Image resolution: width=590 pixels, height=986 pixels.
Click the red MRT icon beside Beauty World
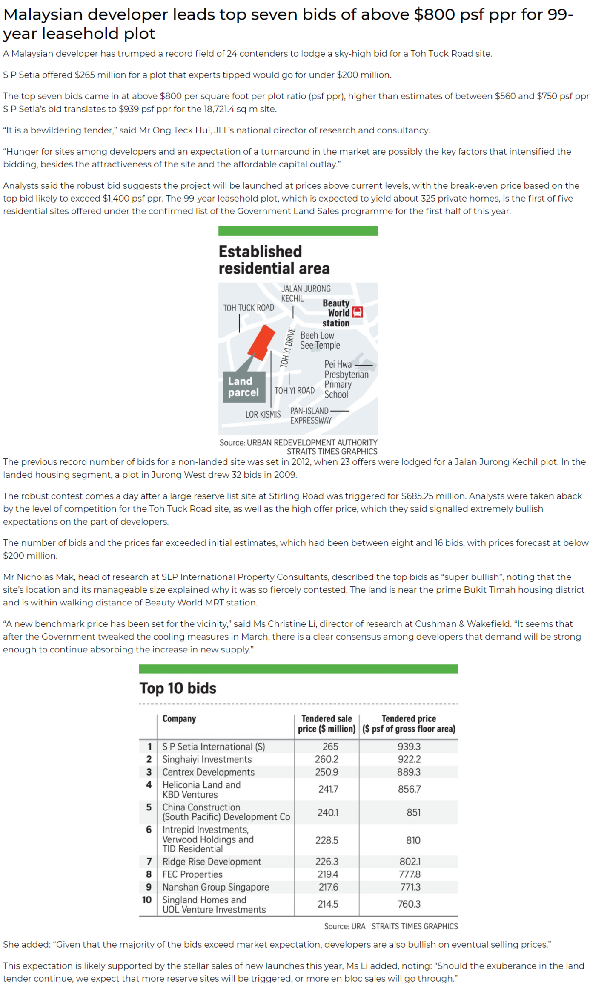[x=357, y=312]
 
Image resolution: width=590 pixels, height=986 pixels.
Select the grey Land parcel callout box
[x=243, y=387]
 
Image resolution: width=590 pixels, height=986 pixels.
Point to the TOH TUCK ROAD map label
[x=249, y=308]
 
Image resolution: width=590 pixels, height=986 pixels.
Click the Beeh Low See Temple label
[x=320, y=340]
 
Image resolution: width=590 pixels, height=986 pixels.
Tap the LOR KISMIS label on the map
[x=263, y=414]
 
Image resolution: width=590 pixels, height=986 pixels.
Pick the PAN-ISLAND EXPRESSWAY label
[x=310, y=415]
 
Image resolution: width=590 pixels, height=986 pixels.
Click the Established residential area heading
[x=274, y=260]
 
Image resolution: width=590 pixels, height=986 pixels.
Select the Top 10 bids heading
[x=178, y=688]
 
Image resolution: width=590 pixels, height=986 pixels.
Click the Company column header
[x=179, y=718]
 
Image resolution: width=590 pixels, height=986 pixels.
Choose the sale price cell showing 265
[x=330, y=747]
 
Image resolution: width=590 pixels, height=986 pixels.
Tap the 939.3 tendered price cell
[x=409, y=747]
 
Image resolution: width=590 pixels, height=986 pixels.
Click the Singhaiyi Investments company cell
[x=207, y=759]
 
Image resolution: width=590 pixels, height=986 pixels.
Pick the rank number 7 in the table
[x=149, y=862]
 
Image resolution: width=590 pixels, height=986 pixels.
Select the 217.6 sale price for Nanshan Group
[x=328, y=887]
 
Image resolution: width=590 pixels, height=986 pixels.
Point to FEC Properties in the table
[x=192, y=874]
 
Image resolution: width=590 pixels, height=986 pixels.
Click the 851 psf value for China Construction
[x=413, y=812]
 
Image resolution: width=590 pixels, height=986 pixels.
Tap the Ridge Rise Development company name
[x=212, y=862]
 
